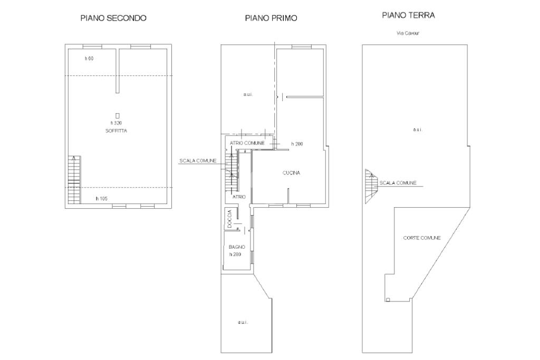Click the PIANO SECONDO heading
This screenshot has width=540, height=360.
[113, 18]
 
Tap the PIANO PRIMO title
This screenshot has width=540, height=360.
[271, 18]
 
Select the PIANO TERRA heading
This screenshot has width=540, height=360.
[409, 15]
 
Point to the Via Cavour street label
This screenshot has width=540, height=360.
[408, 33]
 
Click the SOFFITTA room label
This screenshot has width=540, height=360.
[116, 131]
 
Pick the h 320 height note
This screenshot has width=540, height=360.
[116, 123]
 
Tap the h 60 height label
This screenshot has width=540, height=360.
[89, 59]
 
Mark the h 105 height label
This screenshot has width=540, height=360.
[102, 199]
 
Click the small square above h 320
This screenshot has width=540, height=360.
[118, 115]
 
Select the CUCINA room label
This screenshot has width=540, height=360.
[291, 173]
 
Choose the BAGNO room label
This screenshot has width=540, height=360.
[237, 247]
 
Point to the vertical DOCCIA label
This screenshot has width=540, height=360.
[230, 219]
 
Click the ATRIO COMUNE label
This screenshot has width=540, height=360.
[247, 143]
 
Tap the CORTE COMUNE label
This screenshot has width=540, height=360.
[422, 238]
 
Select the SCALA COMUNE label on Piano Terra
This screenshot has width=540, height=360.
[398, 183]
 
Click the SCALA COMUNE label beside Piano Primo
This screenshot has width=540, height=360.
[198, 161]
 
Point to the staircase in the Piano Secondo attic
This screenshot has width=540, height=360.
[74, 180]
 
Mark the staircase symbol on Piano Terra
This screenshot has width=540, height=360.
[372, 186]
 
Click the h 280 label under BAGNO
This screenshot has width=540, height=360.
[235, 255]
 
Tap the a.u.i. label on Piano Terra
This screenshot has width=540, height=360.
[418, 130]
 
